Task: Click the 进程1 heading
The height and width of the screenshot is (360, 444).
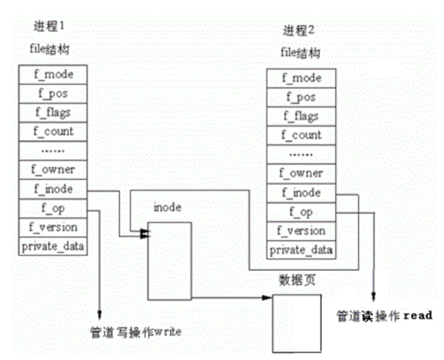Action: tap(48, 26)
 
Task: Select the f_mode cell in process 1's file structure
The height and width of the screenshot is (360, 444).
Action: tap(53, 75)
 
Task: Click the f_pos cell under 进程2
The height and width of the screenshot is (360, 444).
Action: tap(301, 97)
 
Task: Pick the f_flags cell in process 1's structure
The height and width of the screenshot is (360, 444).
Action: tap(53, 113)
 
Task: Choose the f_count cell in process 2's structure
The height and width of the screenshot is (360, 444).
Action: tap(301, 135)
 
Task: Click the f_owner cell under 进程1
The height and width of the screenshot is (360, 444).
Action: tap(53, 170)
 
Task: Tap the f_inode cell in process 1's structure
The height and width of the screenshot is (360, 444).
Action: tap(53, 189)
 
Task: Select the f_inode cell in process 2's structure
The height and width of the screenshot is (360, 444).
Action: tap(301, 193)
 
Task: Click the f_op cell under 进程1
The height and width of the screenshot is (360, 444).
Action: tap(53, 208)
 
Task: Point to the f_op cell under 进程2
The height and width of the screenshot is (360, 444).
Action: tap(301, 212)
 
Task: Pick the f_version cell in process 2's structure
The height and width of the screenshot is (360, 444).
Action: tap(301, 231)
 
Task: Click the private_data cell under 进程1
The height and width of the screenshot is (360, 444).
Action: tap(53, 246)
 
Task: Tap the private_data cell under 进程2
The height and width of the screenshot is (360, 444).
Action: tap(301, 250)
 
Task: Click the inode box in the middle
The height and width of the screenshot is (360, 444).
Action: tap(169, 261)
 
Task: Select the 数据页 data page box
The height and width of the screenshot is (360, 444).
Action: tap(297, 323)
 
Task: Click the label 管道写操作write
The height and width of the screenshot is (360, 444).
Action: tap(136, 332)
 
